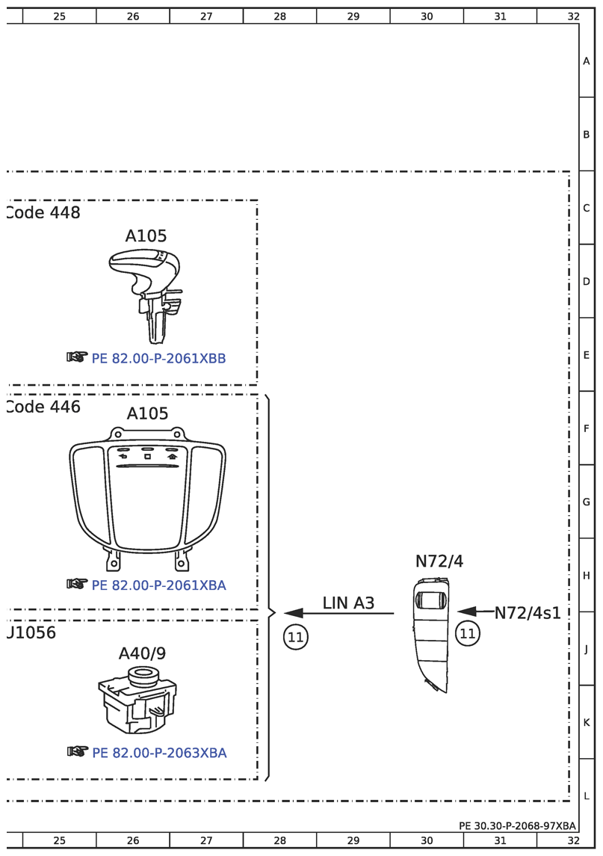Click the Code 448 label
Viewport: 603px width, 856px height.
point(43,213)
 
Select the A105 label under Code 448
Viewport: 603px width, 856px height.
point(146,236)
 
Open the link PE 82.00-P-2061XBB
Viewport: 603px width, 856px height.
point(158,359)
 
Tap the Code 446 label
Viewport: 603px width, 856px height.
point(43,407)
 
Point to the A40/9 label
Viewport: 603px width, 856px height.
point(142,654)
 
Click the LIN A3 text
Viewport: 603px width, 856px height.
point(348,603)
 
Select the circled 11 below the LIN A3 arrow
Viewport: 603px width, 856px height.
point(295,637)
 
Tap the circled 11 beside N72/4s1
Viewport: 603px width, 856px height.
point(468,634)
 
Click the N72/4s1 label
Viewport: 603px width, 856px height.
point(528,613)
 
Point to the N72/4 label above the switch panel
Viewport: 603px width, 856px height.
point(439,561)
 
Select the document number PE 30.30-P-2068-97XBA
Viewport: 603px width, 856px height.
point(518,826)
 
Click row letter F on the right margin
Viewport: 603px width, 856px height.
point(587,429)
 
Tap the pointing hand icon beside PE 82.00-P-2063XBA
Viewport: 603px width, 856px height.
point(77,751)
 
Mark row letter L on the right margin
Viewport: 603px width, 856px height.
point(587,796)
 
